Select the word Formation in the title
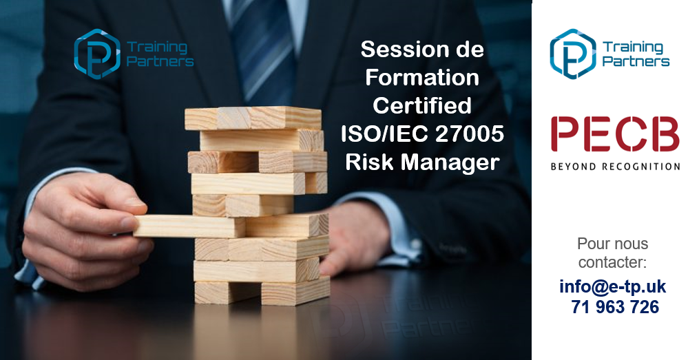pyautogui.click(x=422, y=78)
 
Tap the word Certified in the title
pyautogui.click(x=422, y=105)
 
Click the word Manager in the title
pyautogui.click(x=450, y=162)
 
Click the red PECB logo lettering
pyautogui.click(x=615, y=134)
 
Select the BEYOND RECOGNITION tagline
pyautogui.click(x=615, y=167)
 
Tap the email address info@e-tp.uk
pyautogui.click(x=612, y=286)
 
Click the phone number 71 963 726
pyautogui.click(x=615, y=307)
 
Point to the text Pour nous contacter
pyautogui.click(x=612, y=253)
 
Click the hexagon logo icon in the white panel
pyautogui.click(x=573, y=54)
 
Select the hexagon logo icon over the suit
pyautogui.click(x=96, y=54)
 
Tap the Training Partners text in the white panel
pyautogui.click(x=636, y=54)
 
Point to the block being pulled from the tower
pyautogui.click(x=189, y=226)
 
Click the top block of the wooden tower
pyautogui.click(x=253, y=118)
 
